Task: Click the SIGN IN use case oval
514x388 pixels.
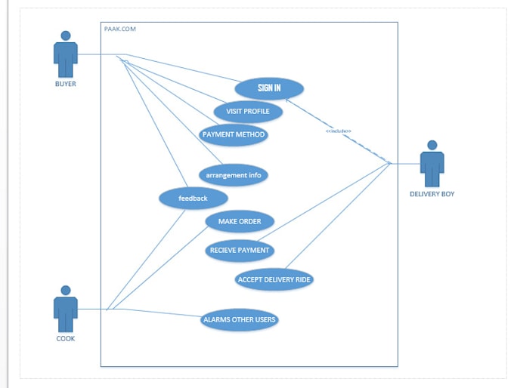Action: click(x=269, y=88)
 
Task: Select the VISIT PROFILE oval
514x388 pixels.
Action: click(x=248, y=112)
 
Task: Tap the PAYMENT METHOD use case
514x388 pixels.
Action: click(x=234, y=134)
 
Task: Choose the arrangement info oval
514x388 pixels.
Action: click(x=234, y=175)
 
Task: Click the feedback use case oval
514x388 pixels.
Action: click(x=193, y=199)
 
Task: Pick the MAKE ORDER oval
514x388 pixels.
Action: click(x=240, y=221)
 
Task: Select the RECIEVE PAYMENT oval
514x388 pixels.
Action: click(x=239, y=251)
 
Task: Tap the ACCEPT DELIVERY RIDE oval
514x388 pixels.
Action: click(x=274, y=279)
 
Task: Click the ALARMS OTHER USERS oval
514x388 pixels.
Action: click(x=240, y=320)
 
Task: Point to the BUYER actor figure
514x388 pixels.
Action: click(x=66, y=54)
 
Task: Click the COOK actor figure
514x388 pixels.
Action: click(x=66, y=309)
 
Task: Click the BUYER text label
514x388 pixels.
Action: click(x=66, y=84)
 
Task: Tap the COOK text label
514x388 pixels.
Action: click(x=66, y=338)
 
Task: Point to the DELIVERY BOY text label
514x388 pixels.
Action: click(x=432, y=194)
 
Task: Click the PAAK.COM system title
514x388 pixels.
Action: click(x=120, y=29)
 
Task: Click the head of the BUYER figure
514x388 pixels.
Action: click(x=66, y=35)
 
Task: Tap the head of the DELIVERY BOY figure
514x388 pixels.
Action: click(x=432, y=145)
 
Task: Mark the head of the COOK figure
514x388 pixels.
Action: click(x=66, y=290)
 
